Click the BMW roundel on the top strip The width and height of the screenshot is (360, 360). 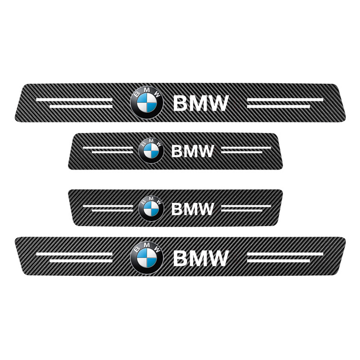tap(147, 103)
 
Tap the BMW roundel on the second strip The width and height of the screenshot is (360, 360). tap(151, 150)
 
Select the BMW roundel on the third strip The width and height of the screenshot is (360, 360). tap(151, 208)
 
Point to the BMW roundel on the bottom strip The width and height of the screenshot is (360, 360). tap(147, 258)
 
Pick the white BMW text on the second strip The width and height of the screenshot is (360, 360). tap(192, 151)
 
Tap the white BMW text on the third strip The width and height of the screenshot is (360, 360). tap(192, 209)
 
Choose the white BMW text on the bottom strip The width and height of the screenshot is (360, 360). tap(201, 258)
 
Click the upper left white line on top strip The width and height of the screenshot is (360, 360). tap(75, 100)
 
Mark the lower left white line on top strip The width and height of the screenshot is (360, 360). tap(81, 107)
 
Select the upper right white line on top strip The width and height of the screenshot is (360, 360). tap(285, 100)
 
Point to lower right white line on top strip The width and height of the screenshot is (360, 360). tap(279, 107)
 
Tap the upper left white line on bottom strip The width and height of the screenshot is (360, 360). tap(75, 254)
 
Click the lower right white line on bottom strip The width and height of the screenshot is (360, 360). tap(279, 261)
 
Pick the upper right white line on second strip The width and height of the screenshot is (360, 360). tap(246, 148)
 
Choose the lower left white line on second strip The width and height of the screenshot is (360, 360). tap(112, 152)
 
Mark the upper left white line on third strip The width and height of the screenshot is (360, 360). tap(108, 206)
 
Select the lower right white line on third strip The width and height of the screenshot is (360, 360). tap(242, 211)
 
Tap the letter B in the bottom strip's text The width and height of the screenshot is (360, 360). tap(180, 258)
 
